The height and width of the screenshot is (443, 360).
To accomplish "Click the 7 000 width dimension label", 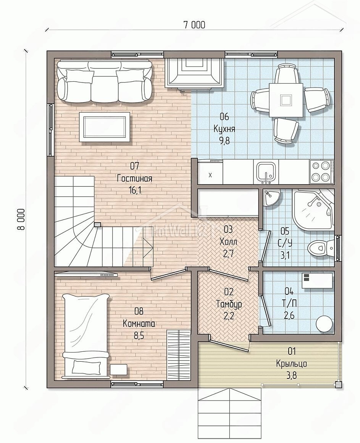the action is [x=194, y=25].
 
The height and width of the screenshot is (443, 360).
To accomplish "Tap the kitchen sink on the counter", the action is [x=265, y=172].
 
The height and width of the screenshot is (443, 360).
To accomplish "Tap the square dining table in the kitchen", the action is [x=286, y=100].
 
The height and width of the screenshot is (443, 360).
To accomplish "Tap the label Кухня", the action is [x=224, y=129].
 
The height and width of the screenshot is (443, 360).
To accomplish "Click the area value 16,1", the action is [x=135, y=191].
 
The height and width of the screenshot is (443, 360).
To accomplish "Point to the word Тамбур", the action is [x=229, y=304].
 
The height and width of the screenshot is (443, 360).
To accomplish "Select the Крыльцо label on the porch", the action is [x=292, y=364].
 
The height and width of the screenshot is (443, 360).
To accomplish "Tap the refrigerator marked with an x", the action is [x=210, y=172].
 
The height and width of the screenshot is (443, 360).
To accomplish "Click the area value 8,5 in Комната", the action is [x=139, y=336].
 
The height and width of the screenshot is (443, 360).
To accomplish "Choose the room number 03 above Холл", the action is [x=228, y=230].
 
